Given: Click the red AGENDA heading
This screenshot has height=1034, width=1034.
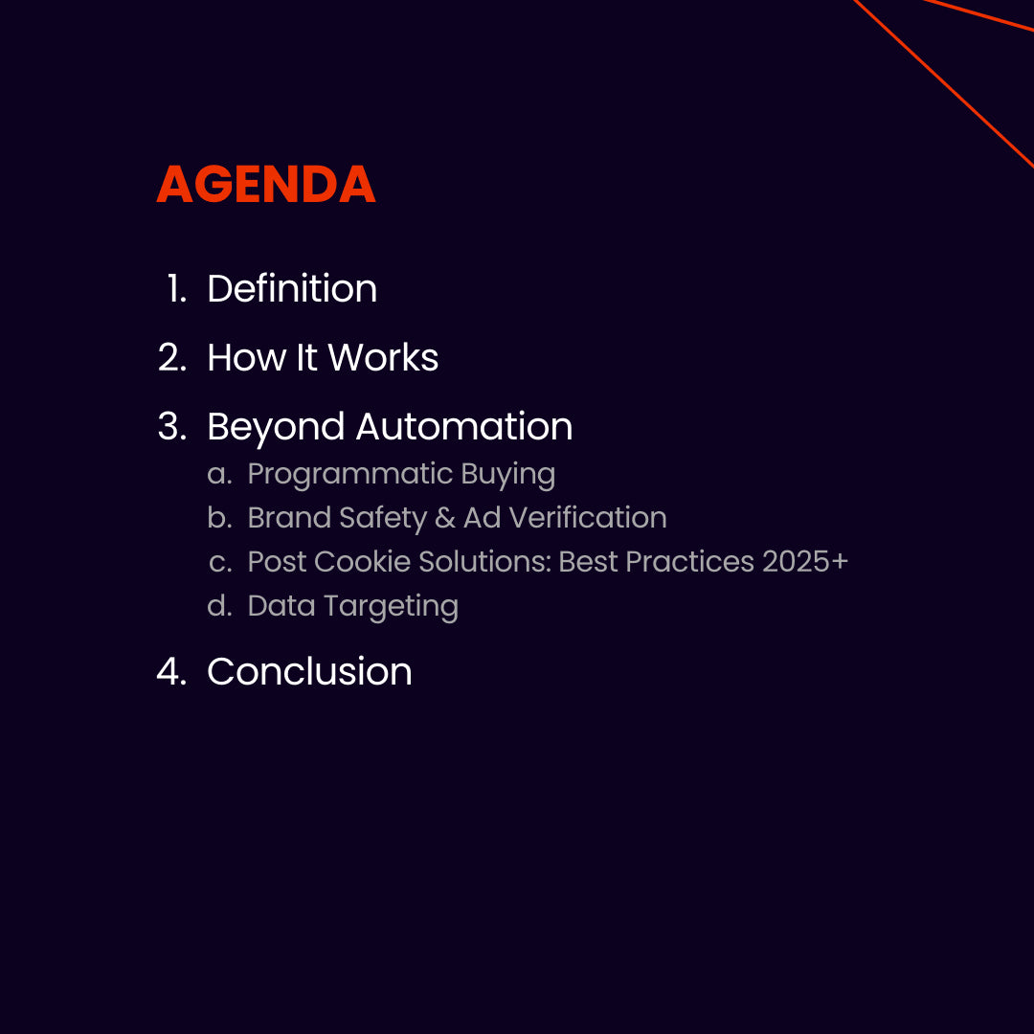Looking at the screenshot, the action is (266, 184).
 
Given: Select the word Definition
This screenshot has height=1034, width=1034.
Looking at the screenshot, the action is (292, 288).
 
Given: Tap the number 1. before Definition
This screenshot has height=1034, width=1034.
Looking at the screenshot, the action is (177, 289).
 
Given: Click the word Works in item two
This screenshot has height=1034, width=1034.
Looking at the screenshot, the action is (383, 357).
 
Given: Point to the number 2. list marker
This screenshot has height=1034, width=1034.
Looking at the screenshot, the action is (172, 357).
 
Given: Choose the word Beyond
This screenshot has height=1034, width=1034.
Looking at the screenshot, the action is (276, 427).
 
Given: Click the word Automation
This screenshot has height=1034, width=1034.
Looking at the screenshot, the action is (464, 426).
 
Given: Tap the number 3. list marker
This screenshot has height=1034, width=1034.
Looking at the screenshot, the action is (172, 426).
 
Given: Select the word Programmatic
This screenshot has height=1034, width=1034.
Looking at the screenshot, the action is (349, 475).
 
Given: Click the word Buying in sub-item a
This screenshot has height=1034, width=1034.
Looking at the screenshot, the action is (507, 475).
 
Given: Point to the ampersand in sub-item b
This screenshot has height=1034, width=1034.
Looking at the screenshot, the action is (445, 518).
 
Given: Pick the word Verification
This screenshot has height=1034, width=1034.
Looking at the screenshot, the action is (588, 518).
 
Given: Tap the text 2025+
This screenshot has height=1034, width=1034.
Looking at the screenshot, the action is (804, 562).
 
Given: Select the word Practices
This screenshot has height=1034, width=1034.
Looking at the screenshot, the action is (689, 562).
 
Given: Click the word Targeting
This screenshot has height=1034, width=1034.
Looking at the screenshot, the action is (391, 607).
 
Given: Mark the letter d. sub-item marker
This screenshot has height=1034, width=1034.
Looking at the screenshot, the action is (219, 605).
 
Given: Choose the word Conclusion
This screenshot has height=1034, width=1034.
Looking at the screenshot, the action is (309, 671).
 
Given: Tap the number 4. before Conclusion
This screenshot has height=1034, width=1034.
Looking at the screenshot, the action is (171, 671).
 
